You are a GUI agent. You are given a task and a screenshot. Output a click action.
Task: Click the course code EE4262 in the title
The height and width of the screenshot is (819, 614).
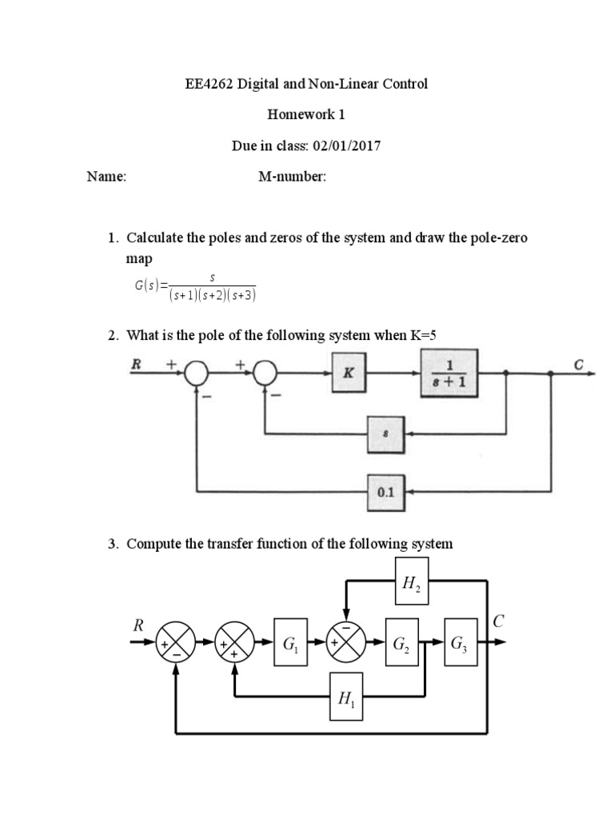[208, 84]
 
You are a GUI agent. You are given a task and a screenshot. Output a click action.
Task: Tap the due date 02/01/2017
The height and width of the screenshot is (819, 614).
[353, 146]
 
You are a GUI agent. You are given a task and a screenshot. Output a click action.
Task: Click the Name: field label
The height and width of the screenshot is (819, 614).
[106, 178]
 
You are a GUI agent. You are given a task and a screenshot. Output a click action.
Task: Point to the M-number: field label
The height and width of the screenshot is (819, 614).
[292, 178]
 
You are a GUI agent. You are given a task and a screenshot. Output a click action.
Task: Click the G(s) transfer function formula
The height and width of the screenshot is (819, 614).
[195, 286]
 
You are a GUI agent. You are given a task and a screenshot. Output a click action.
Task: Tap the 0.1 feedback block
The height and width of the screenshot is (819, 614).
[386, 492]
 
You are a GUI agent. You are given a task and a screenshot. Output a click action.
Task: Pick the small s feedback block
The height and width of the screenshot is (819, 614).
[386, 433]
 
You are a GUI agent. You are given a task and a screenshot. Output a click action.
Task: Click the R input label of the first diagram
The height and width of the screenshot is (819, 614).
[137, 364]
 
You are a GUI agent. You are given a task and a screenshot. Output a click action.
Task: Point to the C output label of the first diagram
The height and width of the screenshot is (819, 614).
[579, 364]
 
